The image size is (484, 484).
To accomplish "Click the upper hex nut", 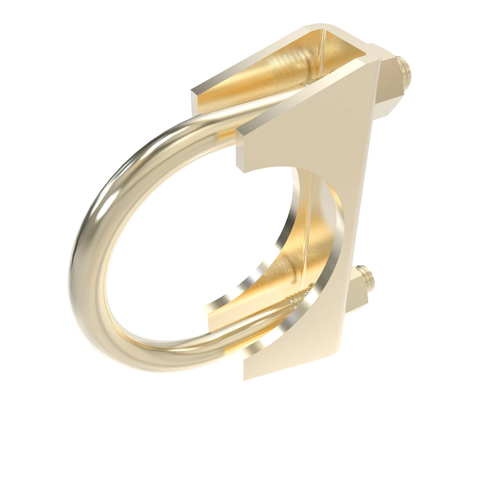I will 390,83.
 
